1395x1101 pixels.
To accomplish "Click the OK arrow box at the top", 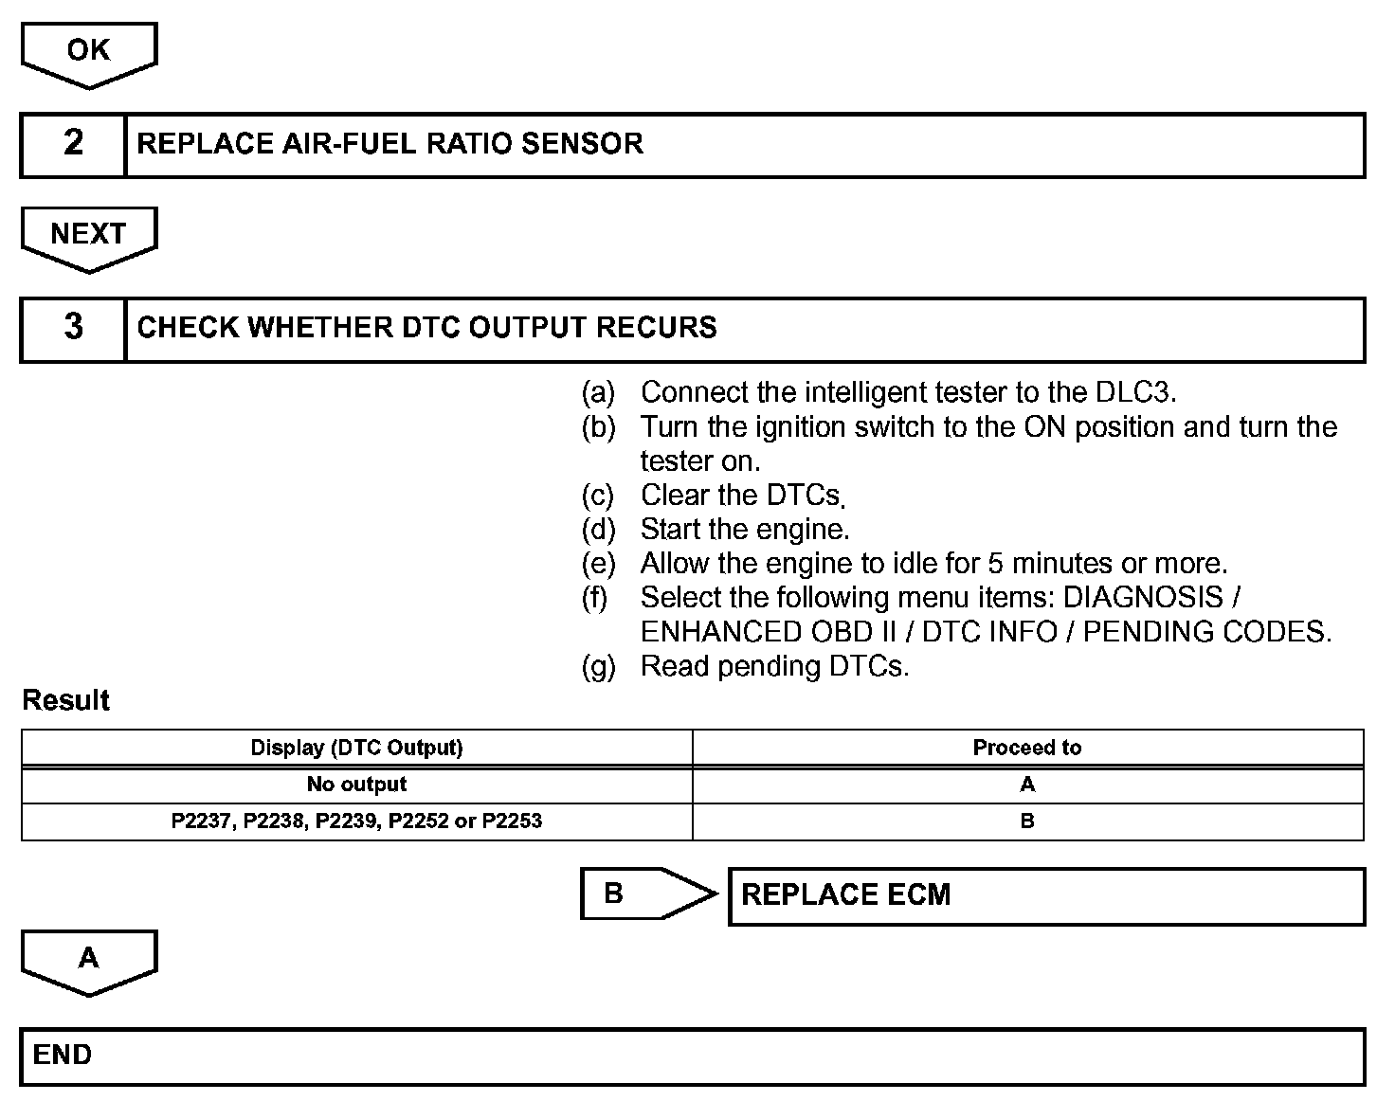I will [x=88, y=52].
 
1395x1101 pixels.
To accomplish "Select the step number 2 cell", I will [x=73, y=144].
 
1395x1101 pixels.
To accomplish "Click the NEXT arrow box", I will [x=88, y=235].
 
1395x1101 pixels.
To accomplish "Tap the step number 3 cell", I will [x=73, y=328].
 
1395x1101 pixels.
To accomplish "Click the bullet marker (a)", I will [x=598, y=392].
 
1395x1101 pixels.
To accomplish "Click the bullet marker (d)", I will [x=598, y=529].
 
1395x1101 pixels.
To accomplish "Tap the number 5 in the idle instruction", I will [x=995, y=564].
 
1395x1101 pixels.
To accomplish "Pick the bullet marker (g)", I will [x=598, y=666].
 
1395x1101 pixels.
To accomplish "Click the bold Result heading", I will [x=65, y=701].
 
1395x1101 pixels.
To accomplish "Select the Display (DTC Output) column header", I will [x=356, y=748].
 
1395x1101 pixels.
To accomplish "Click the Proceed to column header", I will [x=1026, y=748].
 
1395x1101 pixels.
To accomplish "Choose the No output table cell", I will [x=356, y=785].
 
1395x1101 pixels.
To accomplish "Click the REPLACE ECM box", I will [x=1045, y=895].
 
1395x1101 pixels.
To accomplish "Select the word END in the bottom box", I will [x=63, y=1056].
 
